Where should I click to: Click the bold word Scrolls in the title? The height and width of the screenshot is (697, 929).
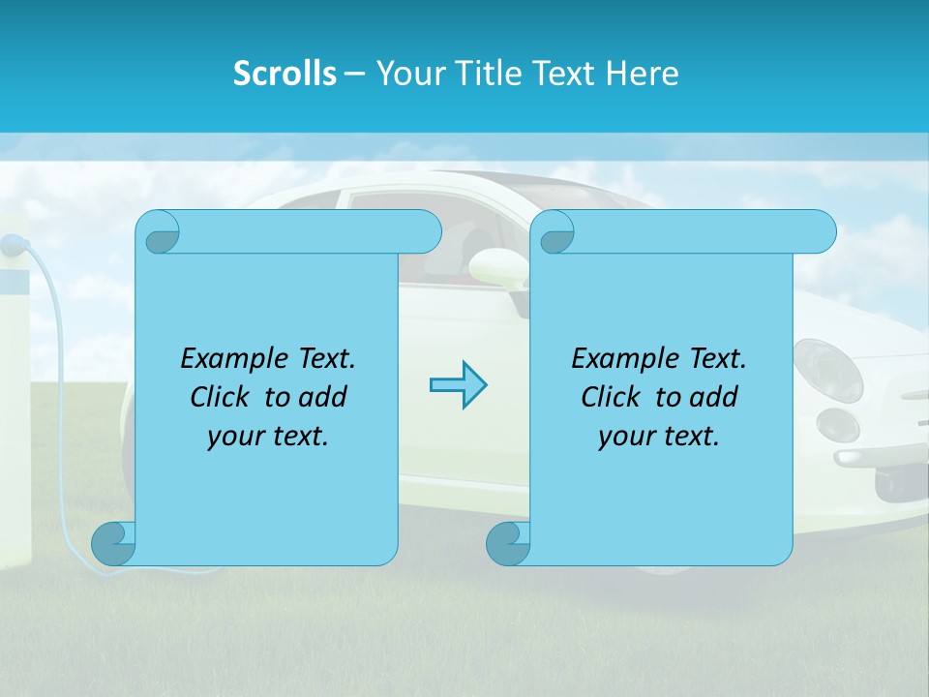[x=285, y=74]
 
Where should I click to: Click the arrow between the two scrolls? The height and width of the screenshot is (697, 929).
[x=458, y=385]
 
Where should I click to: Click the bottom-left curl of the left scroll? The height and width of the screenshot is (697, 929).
[x=113, y=544]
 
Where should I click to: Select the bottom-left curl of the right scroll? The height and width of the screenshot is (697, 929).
[x=507, y=544]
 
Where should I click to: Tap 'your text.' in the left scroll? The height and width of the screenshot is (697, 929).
[x=268, y=436]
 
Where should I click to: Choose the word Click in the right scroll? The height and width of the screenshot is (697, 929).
[x=611, y=397]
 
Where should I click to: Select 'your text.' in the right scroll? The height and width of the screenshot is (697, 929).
[x=659, y=436]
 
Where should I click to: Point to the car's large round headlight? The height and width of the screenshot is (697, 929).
[x=827, y=371]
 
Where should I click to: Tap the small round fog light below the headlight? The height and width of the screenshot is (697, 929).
[x=838, y=424]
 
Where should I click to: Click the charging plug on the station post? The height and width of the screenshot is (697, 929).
[x=13, y=246]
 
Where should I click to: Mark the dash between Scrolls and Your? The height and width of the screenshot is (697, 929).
[x=354, y=74]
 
